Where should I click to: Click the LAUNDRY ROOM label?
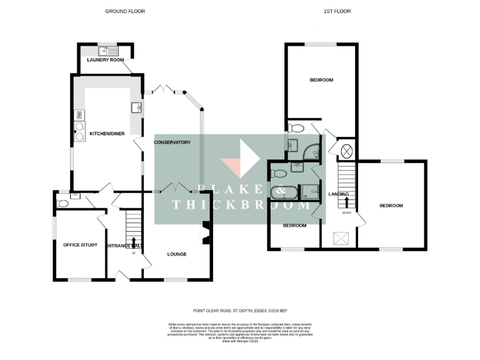coord(106,60)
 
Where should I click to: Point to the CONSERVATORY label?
coord(172,142)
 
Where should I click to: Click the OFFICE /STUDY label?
coord(81,244)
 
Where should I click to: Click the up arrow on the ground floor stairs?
coord(133,241)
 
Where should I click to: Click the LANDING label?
coord(338,194)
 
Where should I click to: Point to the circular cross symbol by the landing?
coord(346,151)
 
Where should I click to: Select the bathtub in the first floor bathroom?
coord(285,191)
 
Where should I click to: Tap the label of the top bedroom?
coord(321,80)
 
